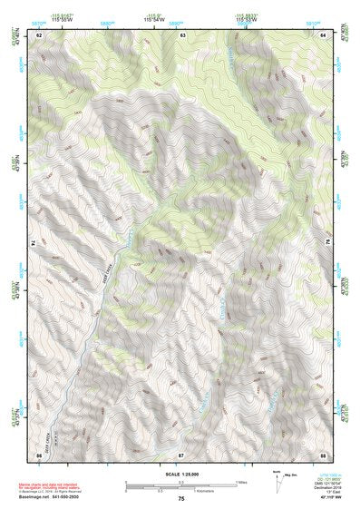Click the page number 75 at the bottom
click(x=180, y=499)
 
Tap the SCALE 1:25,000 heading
click(x=180, y=474)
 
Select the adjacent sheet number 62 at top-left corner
click(x=39, y=34)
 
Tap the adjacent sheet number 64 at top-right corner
click(x=325, y=34)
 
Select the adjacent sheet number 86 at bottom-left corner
click(x=39, y=453)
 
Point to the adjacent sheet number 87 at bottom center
click(x=180, y=453)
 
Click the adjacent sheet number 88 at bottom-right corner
click(x=324, y=453)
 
